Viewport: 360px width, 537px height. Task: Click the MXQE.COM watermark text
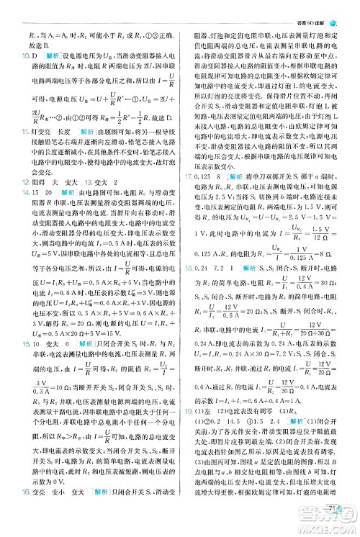pos(330,528)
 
